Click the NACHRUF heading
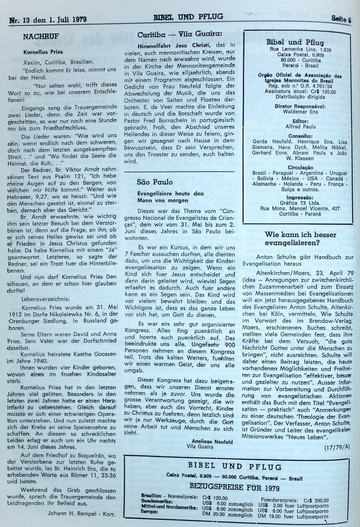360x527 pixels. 39,37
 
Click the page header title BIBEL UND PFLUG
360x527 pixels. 188,17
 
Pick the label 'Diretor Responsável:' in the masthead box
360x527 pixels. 297,106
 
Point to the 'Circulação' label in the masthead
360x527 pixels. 297,167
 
